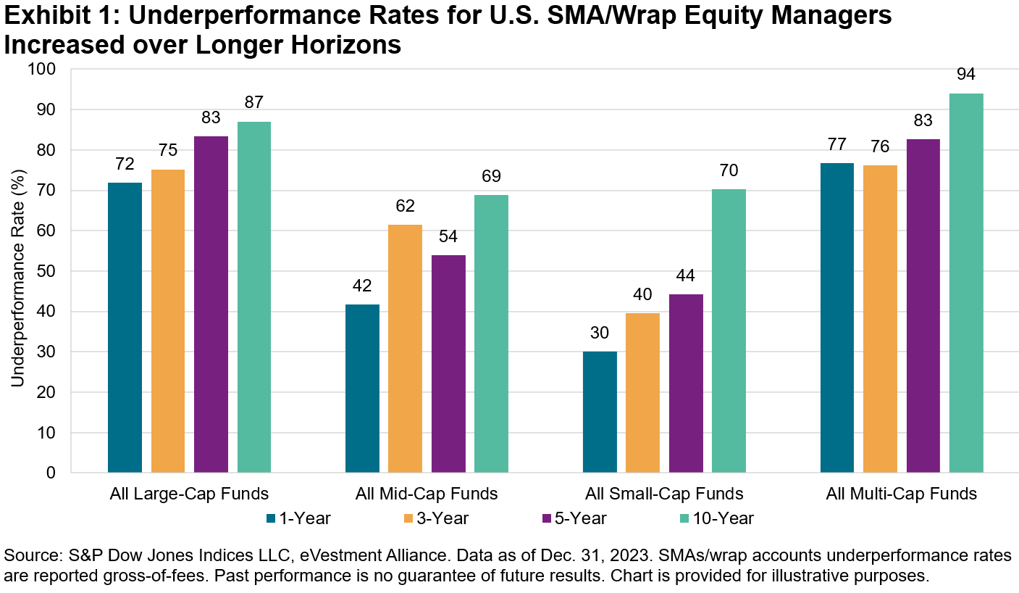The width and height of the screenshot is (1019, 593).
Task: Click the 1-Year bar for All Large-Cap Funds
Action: [x=125, y=328]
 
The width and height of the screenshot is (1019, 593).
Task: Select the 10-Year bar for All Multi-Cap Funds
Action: [x=966, y=283]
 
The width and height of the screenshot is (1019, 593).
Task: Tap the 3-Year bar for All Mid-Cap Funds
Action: [x=405, y=349]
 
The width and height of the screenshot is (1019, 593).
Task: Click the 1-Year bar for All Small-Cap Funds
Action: [x=600, y=412]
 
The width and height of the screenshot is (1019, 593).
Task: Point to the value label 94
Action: [x=966, y=75]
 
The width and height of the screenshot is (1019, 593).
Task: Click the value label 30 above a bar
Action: [x=600, y=333]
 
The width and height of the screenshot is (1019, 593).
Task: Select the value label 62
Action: [x=405, y=207]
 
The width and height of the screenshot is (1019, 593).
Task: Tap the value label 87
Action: [x=253, y=103]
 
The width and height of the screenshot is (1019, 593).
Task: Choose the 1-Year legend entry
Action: [x=299, y=518]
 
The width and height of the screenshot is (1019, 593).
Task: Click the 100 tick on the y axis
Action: [x=45, y=70]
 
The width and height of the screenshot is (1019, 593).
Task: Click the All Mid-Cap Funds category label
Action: [x=427, y=494]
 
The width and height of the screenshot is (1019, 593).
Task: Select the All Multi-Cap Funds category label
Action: [x=902, y=494]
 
